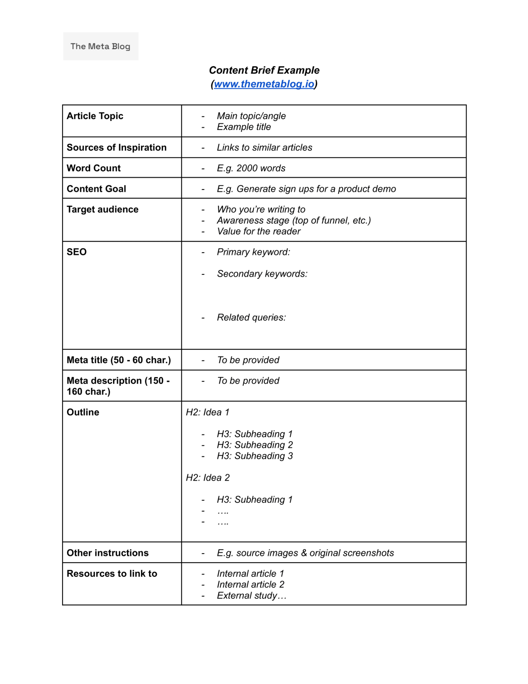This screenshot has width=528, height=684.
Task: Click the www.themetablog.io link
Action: (264, 84)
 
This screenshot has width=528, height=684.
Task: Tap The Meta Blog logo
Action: (100, 46)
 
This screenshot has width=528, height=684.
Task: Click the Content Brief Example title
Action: (264, 70)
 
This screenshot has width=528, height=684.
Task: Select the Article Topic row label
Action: (95, 116)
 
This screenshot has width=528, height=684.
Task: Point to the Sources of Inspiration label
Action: (116, 147)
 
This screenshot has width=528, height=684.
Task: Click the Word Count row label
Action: (94, 168)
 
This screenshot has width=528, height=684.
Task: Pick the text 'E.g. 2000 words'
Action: (251, 168)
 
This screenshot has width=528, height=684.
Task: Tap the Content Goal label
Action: (96, 189)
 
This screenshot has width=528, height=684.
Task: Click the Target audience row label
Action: (102, 209)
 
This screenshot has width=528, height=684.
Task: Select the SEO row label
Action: (77, 252)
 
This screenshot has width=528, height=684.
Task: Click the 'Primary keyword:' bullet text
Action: (253, 252)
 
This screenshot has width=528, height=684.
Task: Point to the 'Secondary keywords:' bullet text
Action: (262, 274)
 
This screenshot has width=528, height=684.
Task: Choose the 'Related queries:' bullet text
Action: (251, 317)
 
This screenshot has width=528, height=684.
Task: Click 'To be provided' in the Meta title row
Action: (248, 360)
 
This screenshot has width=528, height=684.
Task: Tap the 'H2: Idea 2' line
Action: (208, 478)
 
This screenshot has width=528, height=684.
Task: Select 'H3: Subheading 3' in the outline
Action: (255, 456)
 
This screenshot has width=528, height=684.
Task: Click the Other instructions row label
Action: (108, 553)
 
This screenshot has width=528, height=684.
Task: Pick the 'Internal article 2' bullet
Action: (250, 584)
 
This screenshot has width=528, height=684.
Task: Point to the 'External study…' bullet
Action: (251, 595)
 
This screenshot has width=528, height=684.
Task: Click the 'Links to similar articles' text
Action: (265, 147)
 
